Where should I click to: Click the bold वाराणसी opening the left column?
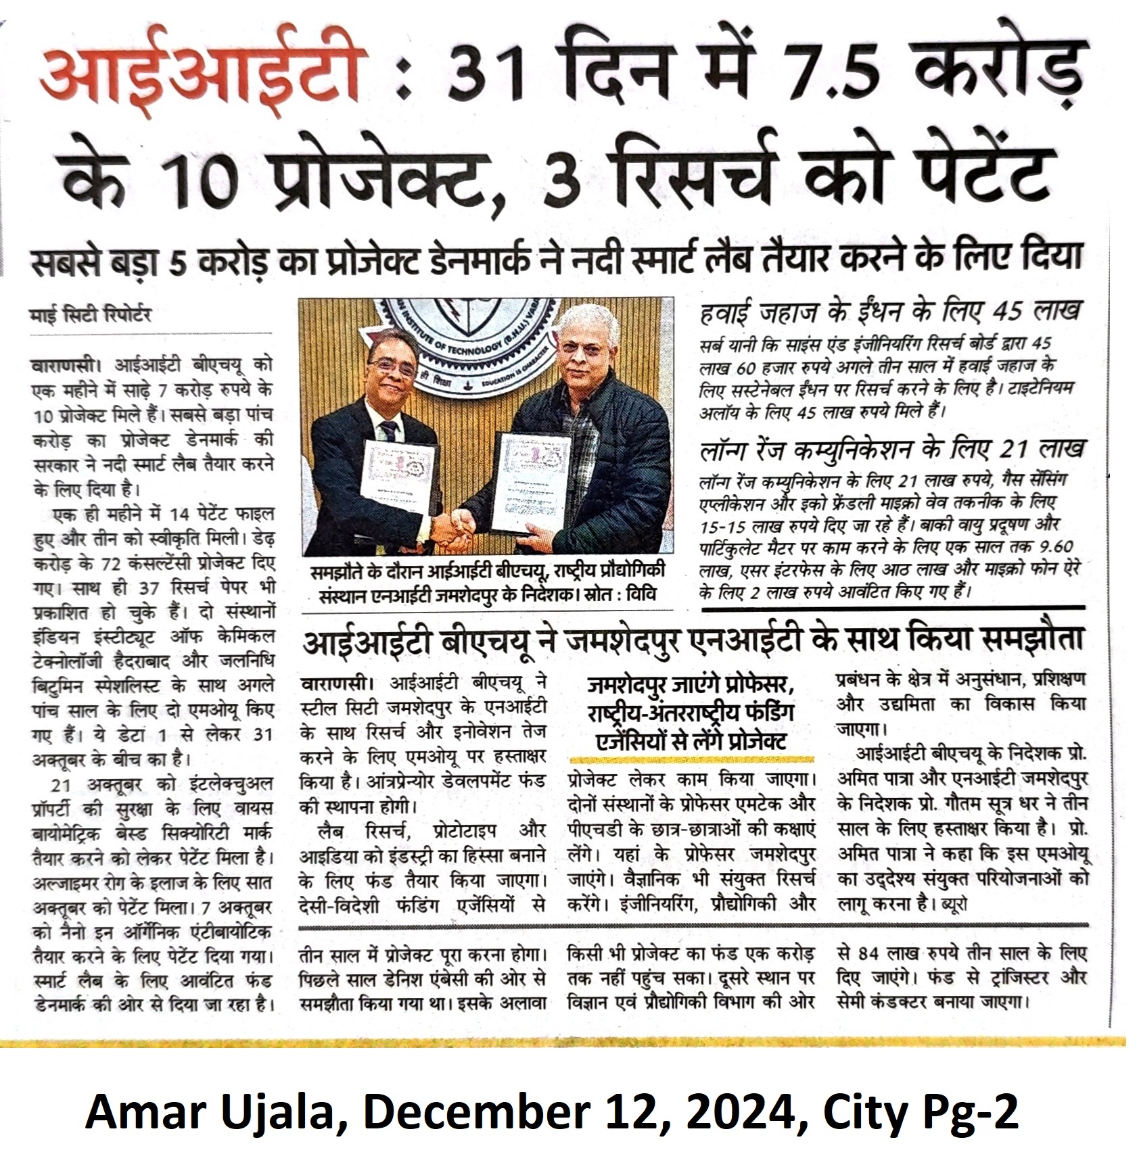click(x=64, y=365)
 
